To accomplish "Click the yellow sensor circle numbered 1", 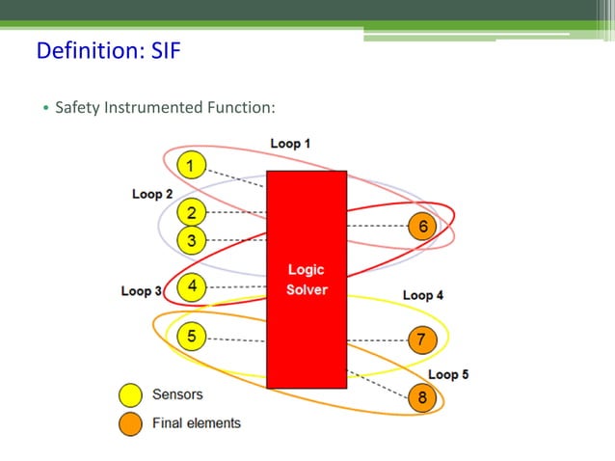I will pyautogui.click(x=192, y=167).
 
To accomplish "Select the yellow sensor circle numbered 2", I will pyautogui.click(x=192, y=212).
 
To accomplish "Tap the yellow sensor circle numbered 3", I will pyautogui.click(x=192, y=240).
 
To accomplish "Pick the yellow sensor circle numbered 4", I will pyautogui.click(x=192, y=286).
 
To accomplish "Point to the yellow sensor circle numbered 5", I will pyautogui.click(x=192, y=337).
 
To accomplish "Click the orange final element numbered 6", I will pyautogui.click(x=422, y=227).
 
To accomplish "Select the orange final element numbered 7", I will pyautogui.click(x=422, y=339).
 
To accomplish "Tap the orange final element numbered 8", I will pyautogui.click(x=422, y=397).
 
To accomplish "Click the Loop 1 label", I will pyautogui.click(x=290, y=144).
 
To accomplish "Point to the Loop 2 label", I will pyautogui.click(x=152, y=194).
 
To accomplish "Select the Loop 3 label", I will pyautogui.click(x=141, y=290).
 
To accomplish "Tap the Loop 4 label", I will pyautogui.click(x=422, y=295).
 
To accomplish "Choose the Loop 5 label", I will pyautogui.click(x=448, y=374).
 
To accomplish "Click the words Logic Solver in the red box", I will pyautogui.click(x=307, y=280).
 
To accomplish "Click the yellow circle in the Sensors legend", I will pyautogui.click(x=129, y=395).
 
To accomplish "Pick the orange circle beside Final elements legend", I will pyautogui.click(x=129, y=422).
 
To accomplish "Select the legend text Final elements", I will pyautogui.click(x=197, y=422).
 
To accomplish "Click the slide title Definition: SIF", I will pyautogui.click(x=108, y=50).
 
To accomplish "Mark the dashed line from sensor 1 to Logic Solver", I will pyautogui.click(x=237, y=177).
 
